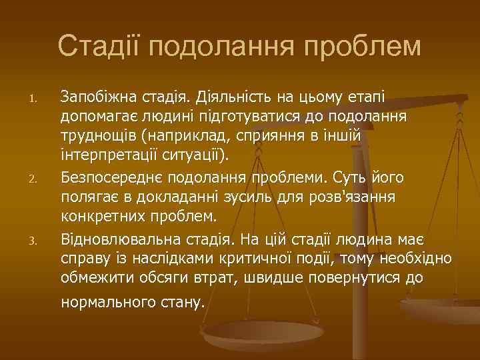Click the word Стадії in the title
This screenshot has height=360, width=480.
[x=99, y=47]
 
